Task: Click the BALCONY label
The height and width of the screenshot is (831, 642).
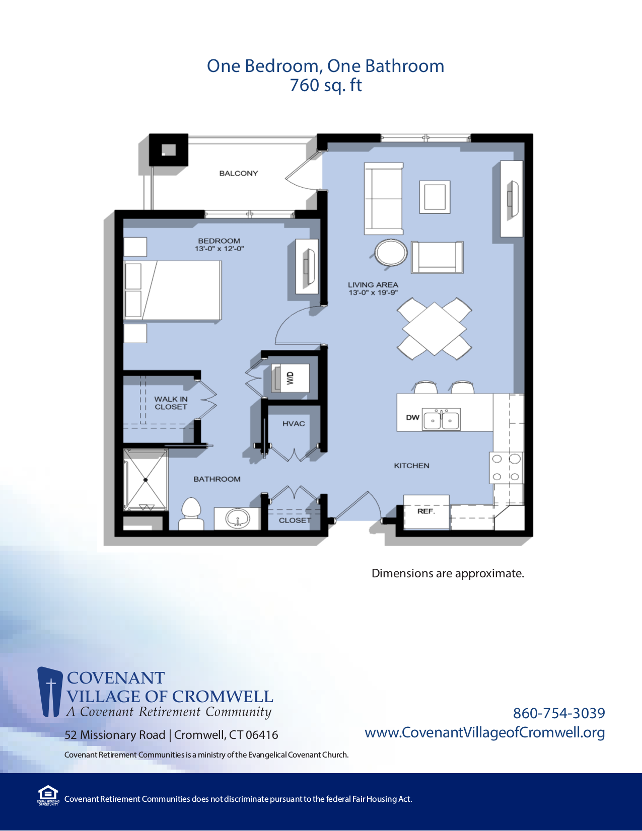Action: pos(238,173)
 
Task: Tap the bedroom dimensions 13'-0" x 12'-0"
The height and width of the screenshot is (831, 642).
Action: pos(219,249)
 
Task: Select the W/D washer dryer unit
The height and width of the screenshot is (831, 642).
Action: pos(290,377)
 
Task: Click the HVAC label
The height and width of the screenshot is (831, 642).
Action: pos(294,424)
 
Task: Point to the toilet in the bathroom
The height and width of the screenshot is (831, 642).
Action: pos(191,513)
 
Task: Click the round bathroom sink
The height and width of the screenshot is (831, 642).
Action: pos(237,518)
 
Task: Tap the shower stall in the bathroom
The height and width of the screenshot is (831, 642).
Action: pos(146,480)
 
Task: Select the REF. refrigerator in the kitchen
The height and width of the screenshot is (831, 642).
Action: pos(426,511)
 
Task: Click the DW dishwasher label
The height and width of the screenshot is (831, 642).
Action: pos(412,417)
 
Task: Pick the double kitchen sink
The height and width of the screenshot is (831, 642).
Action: pos(442,419)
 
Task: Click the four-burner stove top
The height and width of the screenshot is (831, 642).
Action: pos(506,468)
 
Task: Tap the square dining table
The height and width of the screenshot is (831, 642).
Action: pos(435,328)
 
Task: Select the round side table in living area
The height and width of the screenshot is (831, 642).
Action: pos(391,253)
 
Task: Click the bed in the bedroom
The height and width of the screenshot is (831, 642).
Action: pos(173,290)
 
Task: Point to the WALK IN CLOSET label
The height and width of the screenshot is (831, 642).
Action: pos(171,403)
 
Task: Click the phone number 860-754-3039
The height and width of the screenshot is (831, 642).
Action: pos(559,713)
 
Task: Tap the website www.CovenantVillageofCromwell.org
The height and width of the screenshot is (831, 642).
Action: pos(484,732)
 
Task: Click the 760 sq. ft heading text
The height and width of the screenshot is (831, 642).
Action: pos(325,85)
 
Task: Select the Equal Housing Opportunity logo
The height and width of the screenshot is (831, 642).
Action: pos(48,795)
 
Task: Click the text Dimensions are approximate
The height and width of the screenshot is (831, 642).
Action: pos(448,573)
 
